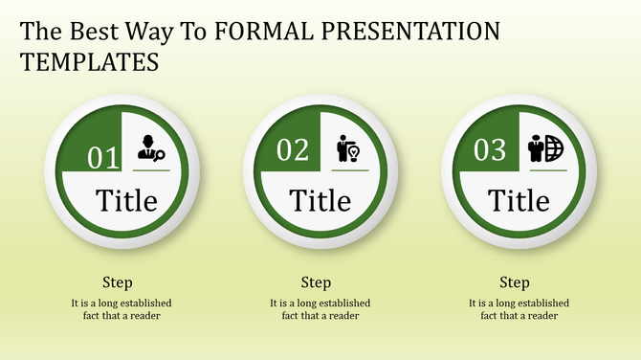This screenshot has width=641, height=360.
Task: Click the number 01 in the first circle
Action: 103,157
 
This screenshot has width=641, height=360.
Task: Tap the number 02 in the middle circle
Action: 294,150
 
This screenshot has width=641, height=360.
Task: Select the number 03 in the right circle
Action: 490,150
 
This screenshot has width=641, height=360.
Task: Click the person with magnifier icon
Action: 150,148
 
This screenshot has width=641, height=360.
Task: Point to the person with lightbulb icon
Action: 348,148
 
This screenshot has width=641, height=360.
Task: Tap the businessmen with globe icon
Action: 546,148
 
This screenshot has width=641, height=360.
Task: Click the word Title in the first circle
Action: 125,201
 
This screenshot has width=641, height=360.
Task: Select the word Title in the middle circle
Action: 320,201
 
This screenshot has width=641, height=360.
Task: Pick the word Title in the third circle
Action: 519,201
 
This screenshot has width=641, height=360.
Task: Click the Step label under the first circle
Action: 118,282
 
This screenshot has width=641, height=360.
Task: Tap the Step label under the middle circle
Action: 316,282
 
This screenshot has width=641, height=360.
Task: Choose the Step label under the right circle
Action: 514,282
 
